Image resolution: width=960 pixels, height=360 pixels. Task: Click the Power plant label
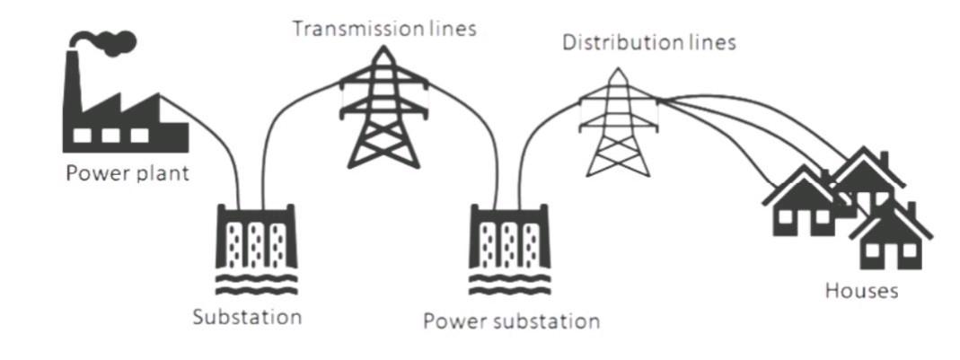(128, 173)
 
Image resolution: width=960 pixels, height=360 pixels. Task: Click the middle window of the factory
(111, 134)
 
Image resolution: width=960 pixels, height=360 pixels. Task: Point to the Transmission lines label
(384, 29)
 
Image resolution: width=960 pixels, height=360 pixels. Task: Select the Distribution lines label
(648, 43)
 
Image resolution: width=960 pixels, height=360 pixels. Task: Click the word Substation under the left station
(247, 318)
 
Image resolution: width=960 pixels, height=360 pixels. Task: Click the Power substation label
(510, 320)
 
